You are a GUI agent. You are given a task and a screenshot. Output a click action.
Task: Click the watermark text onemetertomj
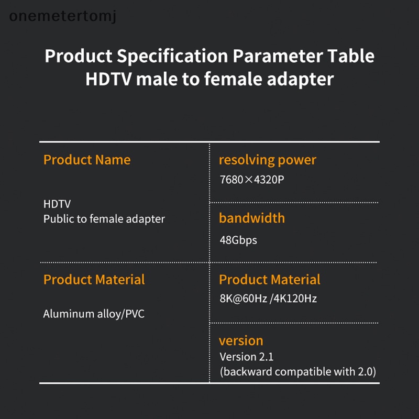click(x=63, y=16)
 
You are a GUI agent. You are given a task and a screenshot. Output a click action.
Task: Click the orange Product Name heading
click(x=87, y=160)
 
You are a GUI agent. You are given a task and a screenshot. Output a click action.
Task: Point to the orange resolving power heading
click(x=267, y=160)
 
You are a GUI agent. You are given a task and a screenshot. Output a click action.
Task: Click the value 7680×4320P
click(x=252, y=180)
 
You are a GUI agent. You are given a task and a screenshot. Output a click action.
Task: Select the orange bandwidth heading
click(x=251, y=218)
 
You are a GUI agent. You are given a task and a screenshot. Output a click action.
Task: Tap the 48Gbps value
click(x=238, y=240)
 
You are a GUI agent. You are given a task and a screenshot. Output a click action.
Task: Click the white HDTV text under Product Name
click(x=57, y=204)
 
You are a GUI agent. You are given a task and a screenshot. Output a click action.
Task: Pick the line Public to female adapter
click(x=104, y=219)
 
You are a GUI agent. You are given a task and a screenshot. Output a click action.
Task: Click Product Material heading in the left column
click(x=94, y=280)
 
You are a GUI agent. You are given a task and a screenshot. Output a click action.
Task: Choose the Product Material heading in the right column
click(x=269, y=280)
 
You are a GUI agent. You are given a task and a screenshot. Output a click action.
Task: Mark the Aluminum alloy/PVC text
click(x=94, y=314)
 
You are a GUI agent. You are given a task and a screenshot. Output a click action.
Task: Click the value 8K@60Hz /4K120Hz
click(x=268, y=299)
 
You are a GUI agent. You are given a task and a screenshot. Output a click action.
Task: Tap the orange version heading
click(x=241, y=340)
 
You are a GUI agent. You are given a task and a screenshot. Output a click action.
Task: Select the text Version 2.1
click(x=246, y=357)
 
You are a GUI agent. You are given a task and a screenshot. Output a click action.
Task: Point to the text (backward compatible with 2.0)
click(x=297, y=372)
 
